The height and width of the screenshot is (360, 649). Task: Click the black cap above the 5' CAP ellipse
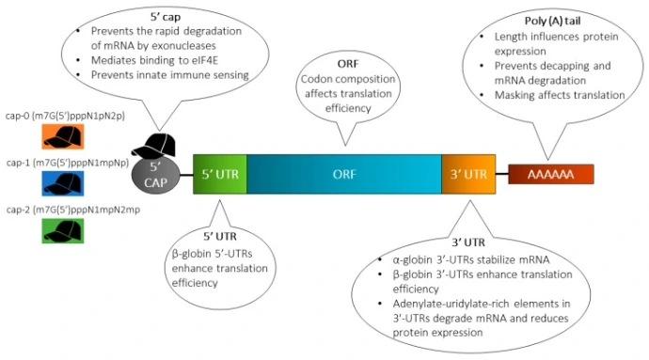(x=156, y=146)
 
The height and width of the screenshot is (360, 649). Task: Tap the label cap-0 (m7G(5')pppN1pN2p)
(x=63, y=115)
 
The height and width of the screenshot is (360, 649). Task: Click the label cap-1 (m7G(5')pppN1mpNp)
(x=63, y=161)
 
